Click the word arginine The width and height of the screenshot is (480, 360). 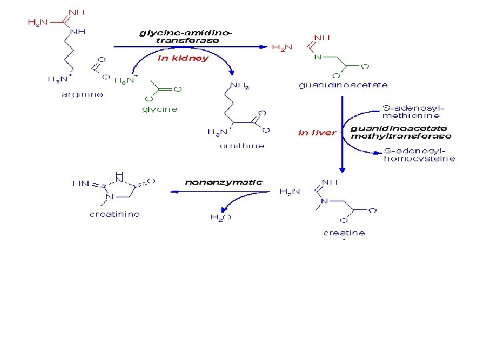[x=82, y=95]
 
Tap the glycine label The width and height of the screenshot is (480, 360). [x=160, y=109]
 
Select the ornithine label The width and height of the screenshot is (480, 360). [x=241, y=145]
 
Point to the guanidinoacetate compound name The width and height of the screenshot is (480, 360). [x=343, y=85]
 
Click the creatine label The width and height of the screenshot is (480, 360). [x=344, y=233]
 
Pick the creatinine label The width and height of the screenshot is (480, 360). [x=115, y=214]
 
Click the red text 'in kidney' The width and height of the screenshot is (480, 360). [x=183, y=58]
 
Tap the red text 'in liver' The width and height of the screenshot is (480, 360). [x=317, y=133]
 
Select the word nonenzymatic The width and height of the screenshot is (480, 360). [x=223, y=181]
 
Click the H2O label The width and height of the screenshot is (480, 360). [x=221, y=217]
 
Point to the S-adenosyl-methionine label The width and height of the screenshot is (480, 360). [x=413, y=111]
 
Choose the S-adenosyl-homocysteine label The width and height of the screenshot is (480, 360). [x=419, y=155]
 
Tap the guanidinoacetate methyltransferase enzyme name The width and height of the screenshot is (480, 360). [x=400, y=132]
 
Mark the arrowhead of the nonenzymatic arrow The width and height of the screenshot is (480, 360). [x=173, y=192]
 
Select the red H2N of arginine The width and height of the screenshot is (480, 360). [x=37, y=22]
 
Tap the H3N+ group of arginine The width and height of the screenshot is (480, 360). [x=57, y=79]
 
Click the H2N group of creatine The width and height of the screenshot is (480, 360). [x=289, y=191]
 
